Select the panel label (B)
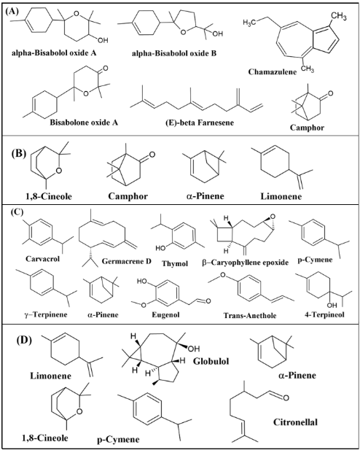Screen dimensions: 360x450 19,153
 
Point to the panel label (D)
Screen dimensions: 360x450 24,340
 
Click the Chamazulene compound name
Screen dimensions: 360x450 273,71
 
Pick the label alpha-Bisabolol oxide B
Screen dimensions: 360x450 174,53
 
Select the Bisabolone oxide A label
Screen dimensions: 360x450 84,123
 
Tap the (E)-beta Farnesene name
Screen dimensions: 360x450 200,123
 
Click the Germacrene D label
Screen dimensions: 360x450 127,261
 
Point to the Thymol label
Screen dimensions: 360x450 175,263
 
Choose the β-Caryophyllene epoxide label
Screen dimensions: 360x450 245,263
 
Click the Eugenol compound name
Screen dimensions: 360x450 166,314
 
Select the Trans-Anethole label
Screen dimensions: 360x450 250,315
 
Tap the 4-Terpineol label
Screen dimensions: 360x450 324,314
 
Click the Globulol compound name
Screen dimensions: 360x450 211,361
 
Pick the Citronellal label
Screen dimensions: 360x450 295,422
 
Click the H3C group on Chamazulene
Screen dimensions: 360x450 249,23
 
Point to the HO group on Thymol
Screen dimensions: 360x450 160,248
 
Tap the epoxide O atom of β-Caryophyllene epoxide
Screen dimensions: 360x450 273,217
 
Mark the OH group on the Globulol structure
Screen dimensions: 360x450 194,349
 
